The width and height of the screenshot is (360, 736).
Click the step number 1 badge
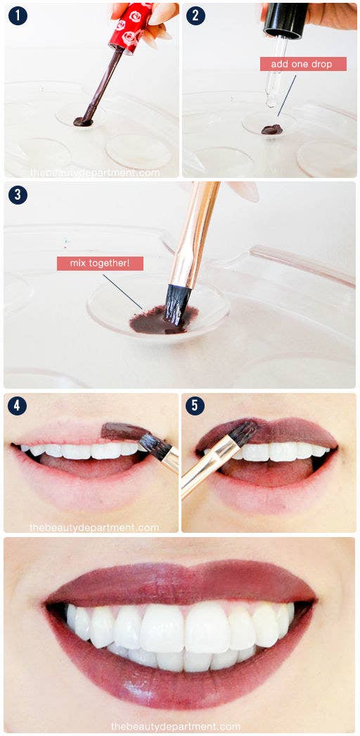[18, 15]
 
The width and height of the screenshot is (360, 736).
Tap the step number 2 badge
[195, 15]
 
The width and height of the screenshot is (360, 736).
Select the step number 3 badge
[18, 195]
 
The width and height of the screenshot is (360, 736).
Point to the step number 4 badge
[18, 406]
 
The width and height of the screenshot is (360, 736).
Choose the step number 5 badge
[195, 406]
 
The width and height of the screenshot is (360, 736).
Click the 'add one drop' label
[303, 64]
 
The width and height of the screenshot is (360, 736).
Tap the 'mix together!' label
[100, 264]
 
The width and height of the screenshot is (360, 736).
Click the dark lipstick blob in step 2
[271, 129]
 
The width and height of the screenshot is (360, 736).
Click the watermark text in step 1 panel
[95, 172]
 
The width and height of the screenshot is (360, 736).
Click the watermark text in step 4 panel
[94, 527]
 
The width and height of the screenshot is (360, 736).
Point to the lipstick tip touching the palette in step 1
[83, 122]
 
